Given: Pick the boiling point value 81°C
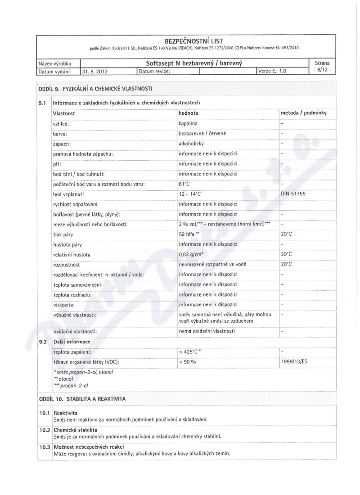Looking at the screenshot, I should tap(185, 184).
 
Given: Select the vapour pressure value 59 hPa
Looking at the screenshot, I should tap(189, 234).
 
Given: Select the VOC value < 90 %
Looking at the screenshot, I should tap(188, 361).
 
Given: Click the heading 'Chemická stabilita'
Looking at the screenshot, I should tap(75, 430).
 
